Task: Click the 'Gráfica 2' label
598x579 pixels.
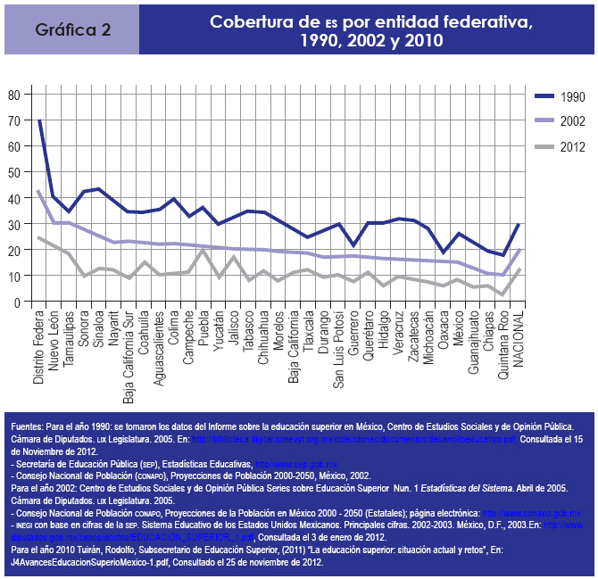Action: [x=73, y=29]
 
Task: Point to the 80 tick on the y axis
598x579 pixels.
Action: [x=12, y=94]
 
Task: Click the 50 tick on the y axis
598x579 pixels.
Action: [x=12, y=172]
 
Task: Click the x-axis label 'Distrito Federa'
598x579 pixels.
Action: [x=39, y=348]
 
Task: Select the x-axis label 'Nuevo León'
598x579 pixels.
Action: [x=54, y=339]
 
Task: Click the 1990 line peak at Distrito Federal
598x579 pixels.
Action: [x=39, y=120]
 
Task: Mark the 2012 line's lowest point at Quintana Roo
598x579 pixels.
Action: [x=503, y=294]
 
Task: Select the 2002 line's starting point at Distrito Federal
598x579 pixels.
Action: [x=39, y=190]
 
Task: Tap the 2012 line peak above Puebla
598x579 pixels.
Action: [x=203, y=251]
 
